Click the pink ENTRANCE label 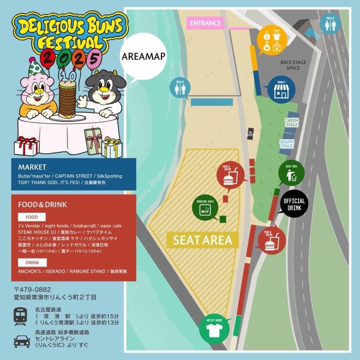pos(205,23)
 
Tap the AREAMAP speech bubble pos(137,56)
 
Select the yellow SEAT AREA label pos(202,240)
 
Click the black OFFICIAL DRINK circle pos(294,203)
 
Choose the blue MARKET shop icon pos(281,90)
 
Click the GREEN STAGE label pos(291,123)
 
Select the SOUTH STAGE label pos(287,143)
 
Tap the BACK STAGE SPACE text pos(290,65)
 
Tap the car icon pos(22,340)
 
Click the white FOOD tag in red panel pos(31,217)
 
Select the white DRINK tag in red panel pos(32,262)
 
